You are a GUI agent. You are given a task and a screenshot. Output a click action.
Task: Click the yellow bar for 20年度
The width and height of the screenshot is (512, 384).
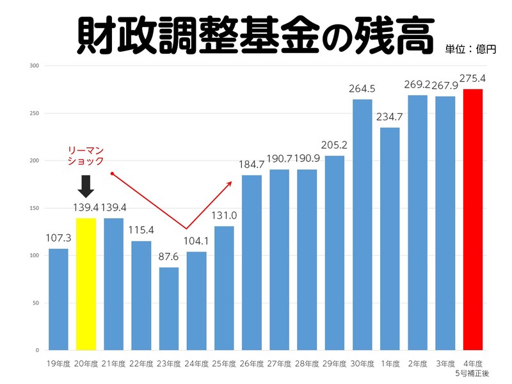point(86,284)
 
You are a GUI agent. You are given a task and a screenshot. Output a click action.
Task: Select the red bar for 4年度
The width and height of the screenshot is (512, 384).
point(473,220)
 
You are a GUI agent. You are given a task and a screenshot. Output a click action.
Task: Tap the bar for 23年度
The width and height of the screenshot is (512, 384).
point(169,308)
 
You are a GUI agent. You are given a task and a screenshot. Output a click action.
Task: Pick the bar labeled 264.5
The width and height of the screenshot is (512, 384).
point(362,225)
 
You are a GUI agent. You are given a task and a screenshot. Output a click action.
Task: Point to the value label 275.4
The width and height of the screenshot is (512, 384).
point(473,78)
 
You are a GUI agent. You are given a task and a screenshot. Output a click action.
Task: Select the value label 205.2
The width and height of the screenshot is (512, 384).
point(335,145)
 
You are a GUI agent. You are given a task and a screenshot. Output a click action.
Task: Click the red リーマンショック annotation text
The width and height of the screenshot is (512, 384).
point(86,156)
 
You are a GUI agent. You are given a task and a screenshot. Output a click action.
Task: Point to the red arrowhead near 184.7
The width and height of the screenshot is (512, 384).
point(228,183)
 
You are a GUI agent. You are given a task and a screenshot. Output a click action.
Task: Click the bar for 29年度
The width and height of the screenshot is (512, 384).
point(335,253)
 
